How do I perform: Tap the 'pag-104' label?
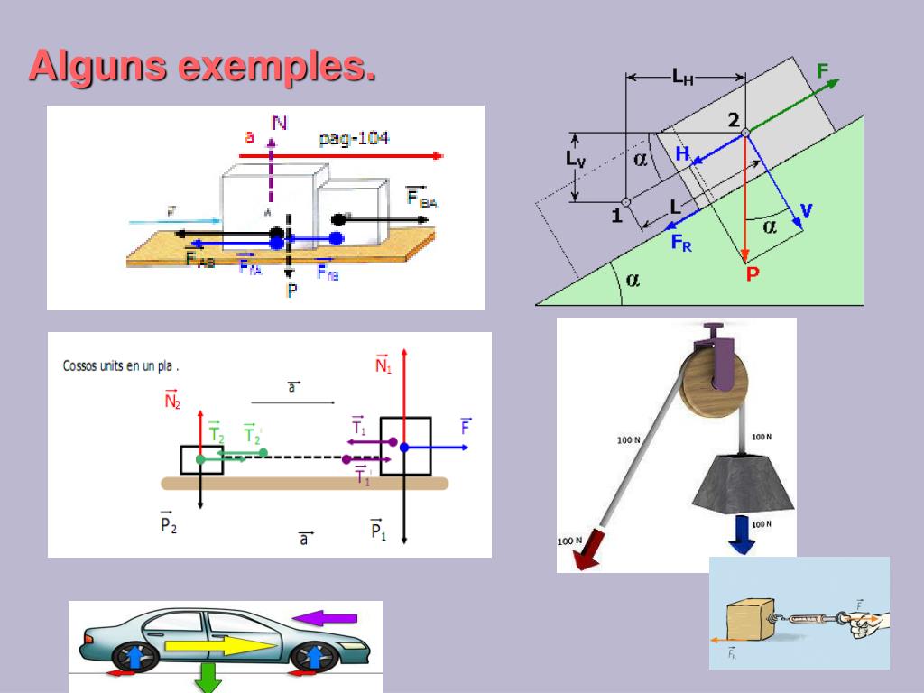click(x=353, y=138)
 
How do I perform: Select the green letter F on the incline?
click(x=822, y=70)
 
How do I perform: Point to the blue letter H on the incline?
click(x=682, y=154)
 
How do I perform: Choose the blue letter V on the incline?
click(x=805, y=211)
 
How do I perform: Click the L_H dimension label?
click(x=683, y=78)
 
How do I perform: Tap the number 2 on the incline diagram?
click(x=733, y=120)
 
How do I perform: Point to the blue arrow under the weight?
click(x=743, y=533)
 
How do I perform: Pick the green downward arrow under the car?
click(x=208, y=678)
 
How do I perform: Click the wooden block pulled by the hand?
click(x=750, y=623)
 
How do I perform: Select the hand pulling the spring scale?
click(x=867, y=622)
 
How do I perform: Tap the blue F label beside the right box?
click(x=466, y=426)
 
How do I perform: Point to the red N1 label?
click(x=383, y=364)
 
